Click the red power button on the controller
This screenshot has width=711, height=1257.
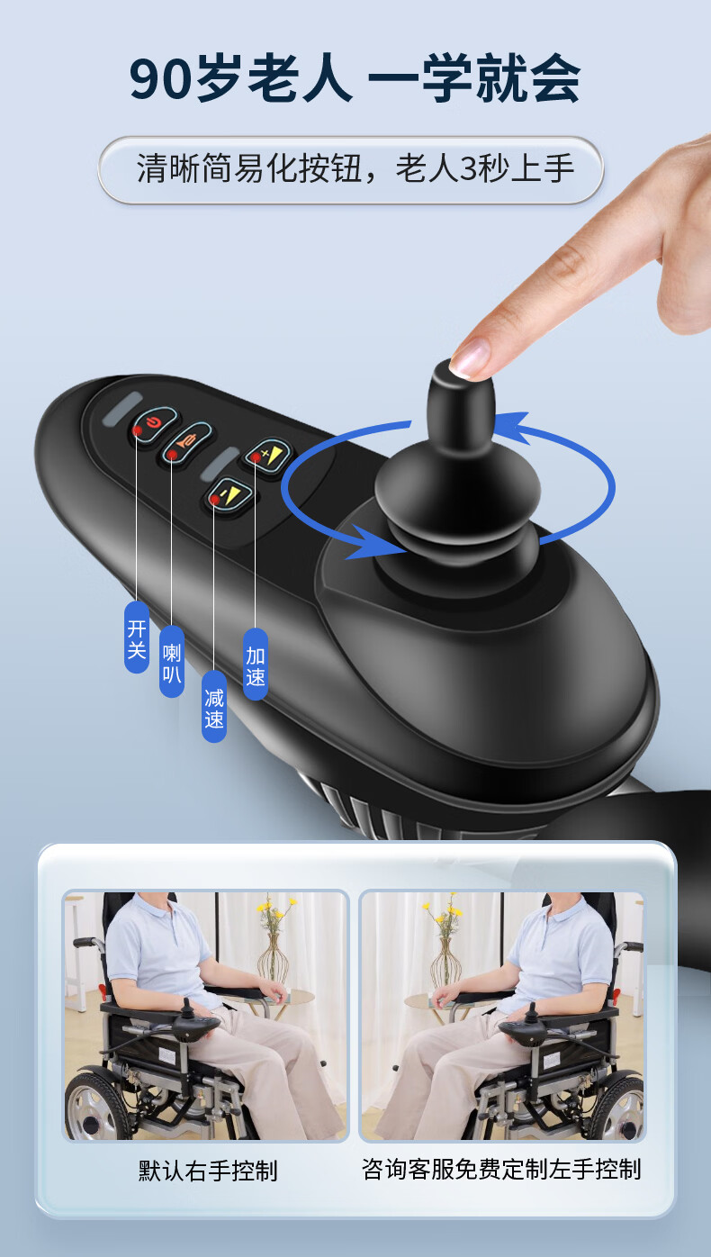point(154,425)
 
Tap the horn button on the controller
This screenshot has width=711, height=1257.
point(187,443)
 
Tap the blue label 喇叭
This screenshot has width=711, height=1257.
point(172,662)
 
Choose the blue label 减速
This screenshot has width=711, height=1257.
point(214,707)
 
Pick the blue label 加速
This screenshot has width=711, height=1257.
point(256,665)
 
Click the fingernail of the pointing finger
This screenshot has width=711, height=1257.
point(470,358)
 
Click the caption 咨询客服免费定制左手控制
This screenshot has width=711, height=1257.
point(501,1170)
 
